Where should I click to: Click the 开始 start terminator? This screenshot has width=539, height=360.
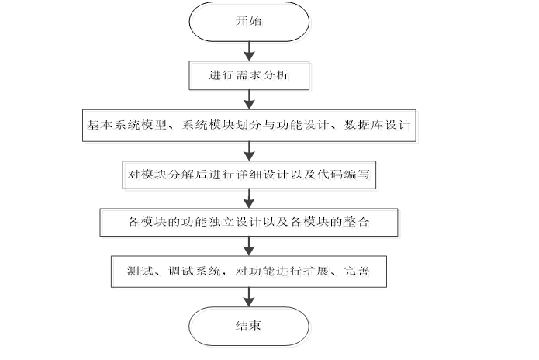[x=249, y=22]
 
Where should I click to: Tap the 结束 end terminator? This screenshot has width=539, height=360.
[x=249, y=326]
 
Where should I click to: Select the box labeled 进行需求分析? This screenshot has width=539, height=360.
[x=249, y=76]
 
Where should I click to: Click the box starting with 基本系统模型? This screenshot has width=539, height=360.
[x=250, y=125]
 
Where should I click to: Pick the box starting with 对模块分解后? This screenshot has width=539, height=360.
[x=249, y=175]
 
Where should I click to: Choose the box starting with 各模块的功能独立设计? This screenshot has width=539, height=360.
[x=249, y=223]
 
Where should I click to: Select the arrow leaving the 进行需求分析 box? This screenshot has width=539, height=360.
[x=249, y=99]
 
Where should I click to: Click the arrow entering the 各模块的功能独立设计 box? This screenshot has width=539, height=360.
[x=249, y=199]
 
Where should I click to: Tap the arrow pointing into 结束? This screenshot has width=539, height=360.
[x=249, y=296]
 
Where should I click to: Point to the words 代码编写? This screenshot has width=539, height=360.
[x=352, y=175]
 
